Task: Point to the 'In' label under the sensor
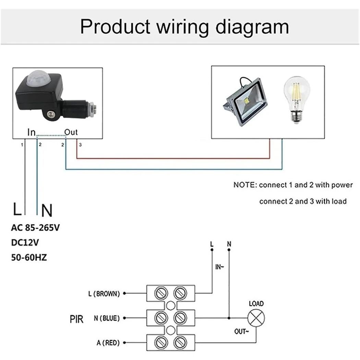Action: point(32,132)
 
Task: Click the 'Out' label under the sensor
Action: point(71,132)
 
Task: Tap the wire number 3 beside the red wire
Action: point(80,145)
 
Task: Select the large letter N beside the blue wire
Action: point(47,211)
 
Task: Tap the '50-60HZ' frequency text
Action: point(29,257)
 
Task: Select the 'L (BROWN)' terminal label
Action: point(104,294)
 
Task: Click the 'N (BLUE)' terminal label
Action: point(107,319)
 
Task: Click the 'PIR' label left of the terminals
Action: point(76,320)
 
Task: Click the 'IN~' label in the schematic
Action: point(219,267)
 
